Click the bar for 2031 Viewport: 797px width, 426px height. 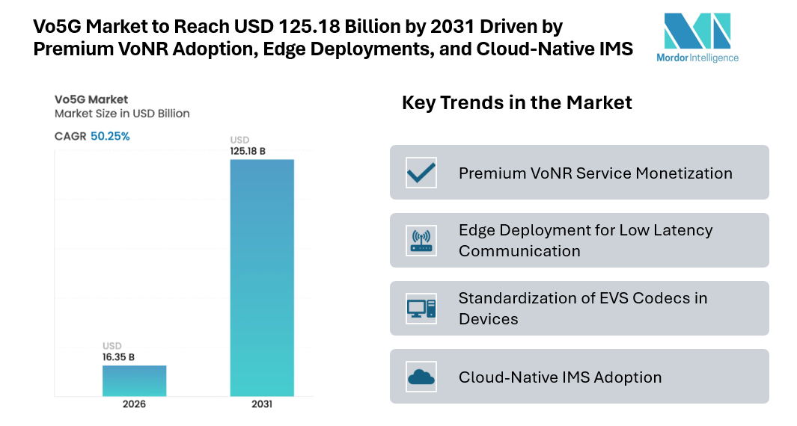coord(261,277)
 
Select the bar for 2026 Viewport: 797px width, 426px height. coord(134,380)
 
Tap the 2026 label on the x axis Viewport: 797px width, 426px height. coord(134,404)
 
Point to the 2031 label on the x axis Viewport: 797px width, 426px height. coord(261,404)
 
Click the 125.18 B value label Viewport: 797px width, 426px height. coord(248,151)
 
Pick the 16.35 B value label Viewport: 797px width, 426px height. coord(118,357)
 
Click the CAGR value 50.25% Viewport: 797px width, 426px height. coord(110,136)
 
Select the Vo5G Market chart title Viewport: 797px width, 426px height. coord(91,99)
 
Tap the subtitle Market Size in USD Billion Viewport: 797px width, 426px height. coord(122,114)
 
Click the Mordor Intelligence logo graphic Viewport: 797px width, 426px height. coord(697,31)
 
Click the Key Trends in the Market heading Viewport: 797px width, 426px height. coord(517,102)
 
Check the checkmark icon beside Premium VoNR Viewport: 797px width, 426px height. coord(421,173)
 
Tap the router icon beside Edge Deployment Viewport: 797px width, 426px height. coord(421,240)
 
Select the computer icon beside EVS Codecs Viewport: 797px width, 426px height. coord(421,308)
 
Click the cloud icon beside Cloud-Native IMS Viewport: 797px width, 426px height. coord(421,377)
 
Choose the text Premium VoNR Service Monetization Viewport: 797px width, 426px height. coord(595,173)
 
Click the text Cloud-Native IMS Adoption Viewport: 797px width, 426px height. coord(560,377)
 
